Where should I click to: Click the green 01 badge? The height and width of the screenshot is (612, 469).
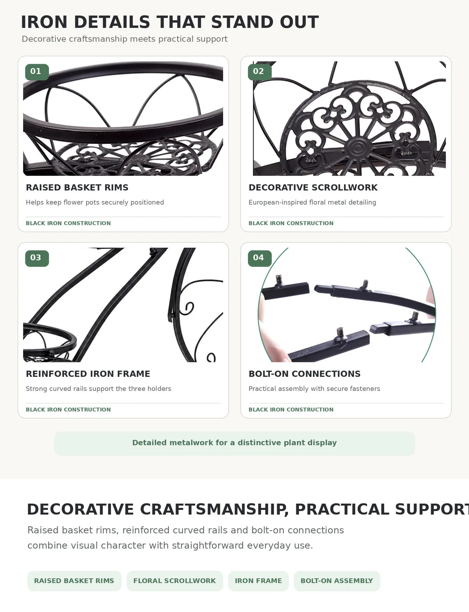pos(37,72)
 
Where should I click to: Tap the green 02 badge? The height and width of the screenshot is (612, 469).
pos(260,72)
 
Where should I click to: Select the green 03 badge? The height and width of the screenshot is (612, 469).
pos(37,258)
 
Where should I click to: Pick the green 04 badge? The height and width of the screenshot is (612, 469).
pos(260,258)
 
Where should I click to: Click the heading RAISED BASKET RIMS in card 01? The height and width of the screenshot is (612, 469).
pos(77,187)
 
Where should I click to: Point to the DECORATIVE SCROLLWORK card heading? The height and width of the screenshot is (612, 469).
pos(313,187)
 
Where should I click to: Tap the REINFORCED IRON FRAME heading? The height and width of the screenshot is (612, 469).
pos(88,374)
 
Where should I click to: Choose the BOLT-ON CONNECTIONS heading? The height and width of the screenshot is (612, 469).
pos(304,374)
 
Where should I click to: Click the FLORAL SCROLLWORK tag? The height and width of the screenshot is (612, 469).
pos(175,581)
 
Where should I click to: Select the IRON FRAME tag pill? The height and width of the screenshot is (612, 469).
pos(258,581)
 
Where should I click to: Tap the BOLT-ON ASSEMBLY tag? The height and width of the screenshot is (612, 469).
pos(337,581)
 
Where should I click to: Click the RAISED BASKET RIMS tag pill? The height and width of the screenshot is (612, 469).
pos(74,581)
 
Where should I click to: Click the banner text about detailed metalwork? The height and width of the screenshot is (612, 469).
pos(234,443)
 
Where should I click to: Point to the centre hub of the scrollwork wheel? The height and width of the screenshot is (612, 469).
pos(358,147)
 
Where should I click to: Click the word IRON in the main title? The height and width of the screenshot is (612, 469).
pos(44,22)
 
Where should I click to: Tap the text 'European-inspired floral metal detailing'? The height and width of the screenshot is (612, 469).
pos(312,202)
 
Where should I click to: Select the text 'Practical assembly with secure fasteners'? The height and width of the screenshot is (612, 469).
pos(314,389)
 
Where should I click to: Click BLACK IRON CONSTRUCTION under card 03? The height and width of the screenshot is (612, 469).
pos(68,410)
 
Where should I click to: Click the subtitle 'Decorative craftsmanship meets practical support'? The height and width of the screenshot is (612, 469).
pos(125,39)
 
